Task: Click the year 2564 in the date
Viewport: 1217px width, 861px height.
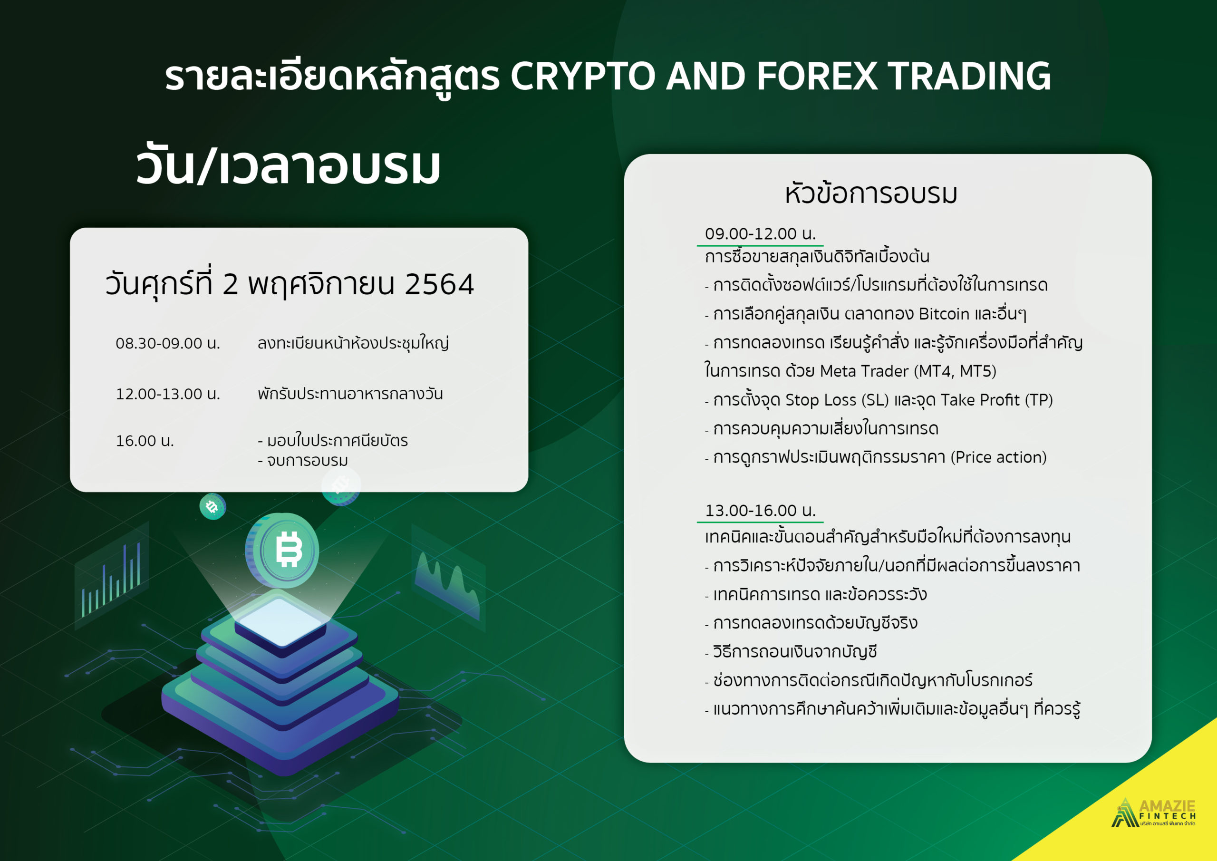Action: coord(439,284)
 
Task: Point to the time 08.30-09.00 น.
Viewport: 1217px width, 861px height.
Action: coord(167,344)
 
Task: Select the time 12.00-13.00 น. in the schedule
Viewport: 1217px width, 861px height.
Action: coord(167,395)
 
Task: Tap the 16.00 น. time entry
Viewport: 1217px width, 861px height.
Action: coord(145,441)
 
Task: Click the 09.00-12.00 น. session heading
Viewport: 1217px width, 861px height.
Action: coord(760,234)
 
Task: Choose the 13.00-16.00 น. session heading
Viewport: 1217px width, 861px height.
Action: coord(760,511)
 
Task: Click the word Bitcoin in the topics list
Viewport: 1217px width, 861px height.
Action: coord(944,314)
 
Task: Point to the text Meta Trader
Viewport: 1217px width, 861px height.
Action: coord(864,371)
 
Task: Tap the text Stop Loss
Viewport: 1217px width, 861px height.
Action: coord(821,400)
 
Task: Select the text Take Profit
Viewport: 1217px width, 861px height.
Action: coord(979,400)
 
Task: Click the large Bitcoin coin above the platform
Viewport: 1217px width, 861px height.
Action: coord(282,551)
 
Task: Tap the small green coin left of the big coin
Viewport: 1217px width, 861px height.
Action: coord(212,506)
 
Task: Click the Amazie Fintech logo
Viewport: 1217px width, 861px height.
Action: coord(1153,813)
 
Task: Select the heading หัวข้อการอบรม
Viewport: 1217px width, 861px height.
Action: coord(871,193)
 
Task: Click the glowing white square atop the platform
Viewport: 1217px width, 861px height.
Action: coord(281,622)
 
